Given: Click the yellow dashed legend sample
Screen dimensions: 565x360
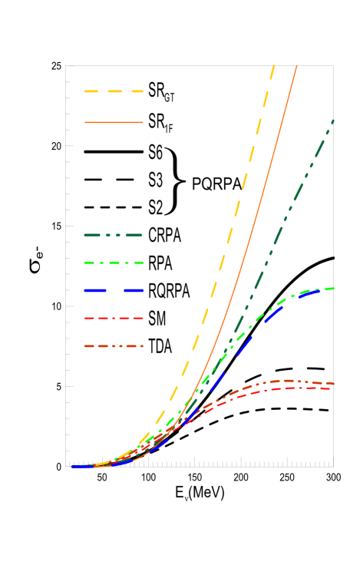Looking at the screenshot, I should coord(114,91).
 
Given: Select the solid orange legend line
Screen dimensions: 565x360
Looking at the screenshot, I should coord(114,122).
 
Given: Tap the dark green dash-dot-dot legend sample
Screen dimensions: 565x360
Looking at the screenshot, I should coord(114,236).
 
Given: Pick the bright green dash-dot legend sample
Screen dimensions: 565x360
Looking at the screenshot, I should coord(114,263).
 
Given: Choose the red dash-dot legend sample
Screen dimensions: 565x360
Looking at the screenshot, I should coord(114,318).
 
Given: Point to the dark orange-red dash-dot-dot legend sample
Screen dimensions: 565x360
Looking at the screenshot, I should coord(114,346).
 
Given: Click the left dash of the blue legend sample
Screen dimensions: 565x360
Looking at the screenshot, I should coord(94,291).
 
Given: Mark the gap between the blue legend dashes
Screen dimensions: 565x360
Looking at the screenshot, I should coord(114,291).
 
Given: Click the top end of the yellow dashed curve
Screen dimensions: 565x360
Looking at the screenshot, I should coord(273,65).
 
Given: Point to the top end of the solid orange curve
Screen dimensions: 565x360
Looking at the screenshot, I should coord(297,66).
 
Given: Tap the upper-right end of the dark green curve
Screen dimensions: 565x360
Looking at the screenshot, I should coord(333,120).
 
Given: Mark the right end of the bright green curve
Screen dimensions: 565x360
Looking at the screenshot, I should coord(334,288).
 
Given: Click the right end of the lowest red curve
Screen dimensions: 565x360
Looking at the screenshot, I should coord(330,388).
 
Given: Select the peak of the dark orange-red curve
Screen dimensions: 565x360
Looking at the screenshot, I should coord(289,380).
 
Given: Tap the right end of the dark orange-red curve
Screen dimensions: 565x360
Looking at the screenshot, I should coord(334,383).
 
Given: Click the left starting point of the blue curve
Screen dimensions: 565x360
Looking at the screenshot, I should coord(74,466).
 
